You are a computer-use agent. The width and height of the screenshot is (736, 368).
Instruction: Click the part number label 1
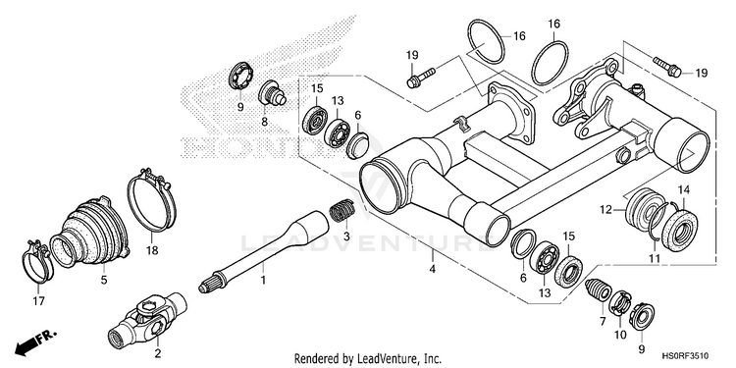[263, 281]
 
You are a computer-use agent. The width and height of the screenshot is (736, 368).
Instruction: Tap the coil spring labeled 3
[342, 210]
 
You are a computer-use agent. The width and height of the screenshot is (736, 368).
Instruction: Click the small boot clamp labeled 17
[37, 262]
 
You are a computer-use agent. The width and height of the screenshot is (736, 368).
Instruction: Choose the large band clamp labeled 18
[151, 199]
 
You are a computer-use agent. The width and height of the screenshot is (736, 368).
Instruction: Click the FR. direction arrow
[35, 342]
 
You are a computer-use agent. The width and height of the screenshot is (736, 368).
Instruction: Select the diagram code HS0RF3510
[685, 356]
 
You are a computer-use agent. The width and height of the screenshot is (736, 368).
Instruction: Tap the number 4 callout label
[433, 270]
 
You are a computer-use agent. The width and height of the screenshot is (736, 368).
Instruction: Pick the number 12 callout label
[605, 209]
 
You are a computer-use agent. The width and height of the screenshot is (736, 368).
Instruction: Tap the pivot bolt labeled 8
[272, 93]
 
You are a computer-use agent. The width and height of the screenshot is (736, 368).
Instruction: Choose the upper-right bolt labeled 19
[667, 67]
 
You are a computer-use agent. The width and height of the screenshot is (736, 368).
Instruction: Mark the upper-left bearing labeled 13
[337, 132]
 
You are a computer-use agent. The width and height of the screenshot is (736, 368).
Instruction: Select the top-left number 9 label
[240, 107]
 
